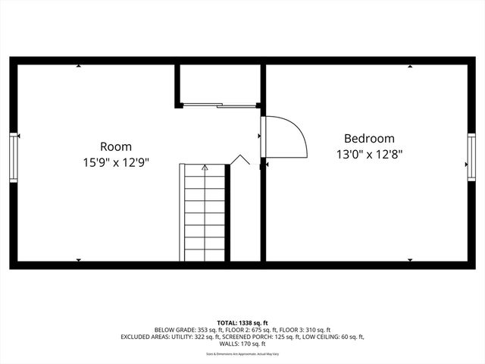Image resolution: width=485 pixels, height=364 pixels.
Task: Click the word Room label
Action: click(116, 146)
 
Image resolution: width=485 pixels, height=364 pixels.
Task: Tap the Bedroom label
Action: click(369, 139)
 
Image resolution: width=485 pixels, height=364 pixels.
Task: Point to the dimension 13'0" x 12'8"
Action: click(369, 154)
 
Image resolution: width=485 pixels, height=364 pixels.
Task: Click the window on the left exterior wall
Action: click(14, 156)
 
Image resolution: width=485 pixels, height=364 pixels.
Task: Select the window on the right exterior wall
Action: click(471, 156)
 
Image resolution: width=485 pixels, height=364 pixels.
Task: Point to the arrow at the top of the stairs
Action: click(205, 167)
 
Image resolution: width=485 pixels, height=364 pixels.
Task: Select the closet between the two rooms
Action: click(219, 83)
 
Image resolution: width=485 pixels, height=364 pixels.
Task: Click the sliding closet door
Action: click(220, 105)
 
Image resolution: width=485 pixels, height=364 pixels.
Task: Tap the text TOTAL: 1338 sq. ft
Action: click(242, 323)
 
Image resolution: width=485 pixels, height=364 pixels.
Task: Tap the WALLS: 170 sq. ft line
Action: click(242, 344)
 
